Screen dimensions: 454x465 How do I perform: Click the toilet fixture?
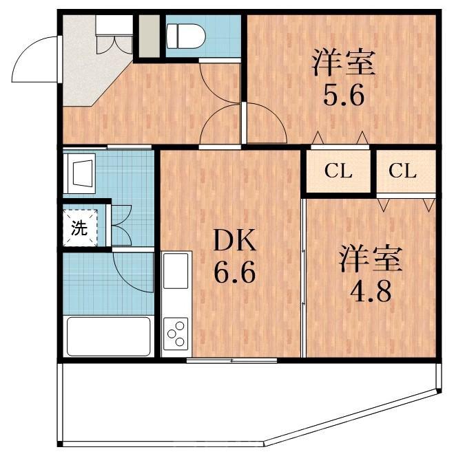point(185,34)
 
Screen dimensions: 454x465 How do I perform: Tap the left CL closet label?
point(338,171)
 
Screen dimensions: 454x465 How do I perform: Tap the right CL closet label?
point(403,171)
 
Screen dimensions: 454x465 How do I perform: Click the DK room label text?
point(234,241)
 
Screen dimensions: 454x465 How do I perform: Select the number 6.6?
point(234,274)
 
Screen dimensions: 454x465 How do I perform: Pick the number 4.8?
point(371,292)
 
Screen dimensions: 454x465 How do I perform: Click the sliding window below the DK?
point(232,360)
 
